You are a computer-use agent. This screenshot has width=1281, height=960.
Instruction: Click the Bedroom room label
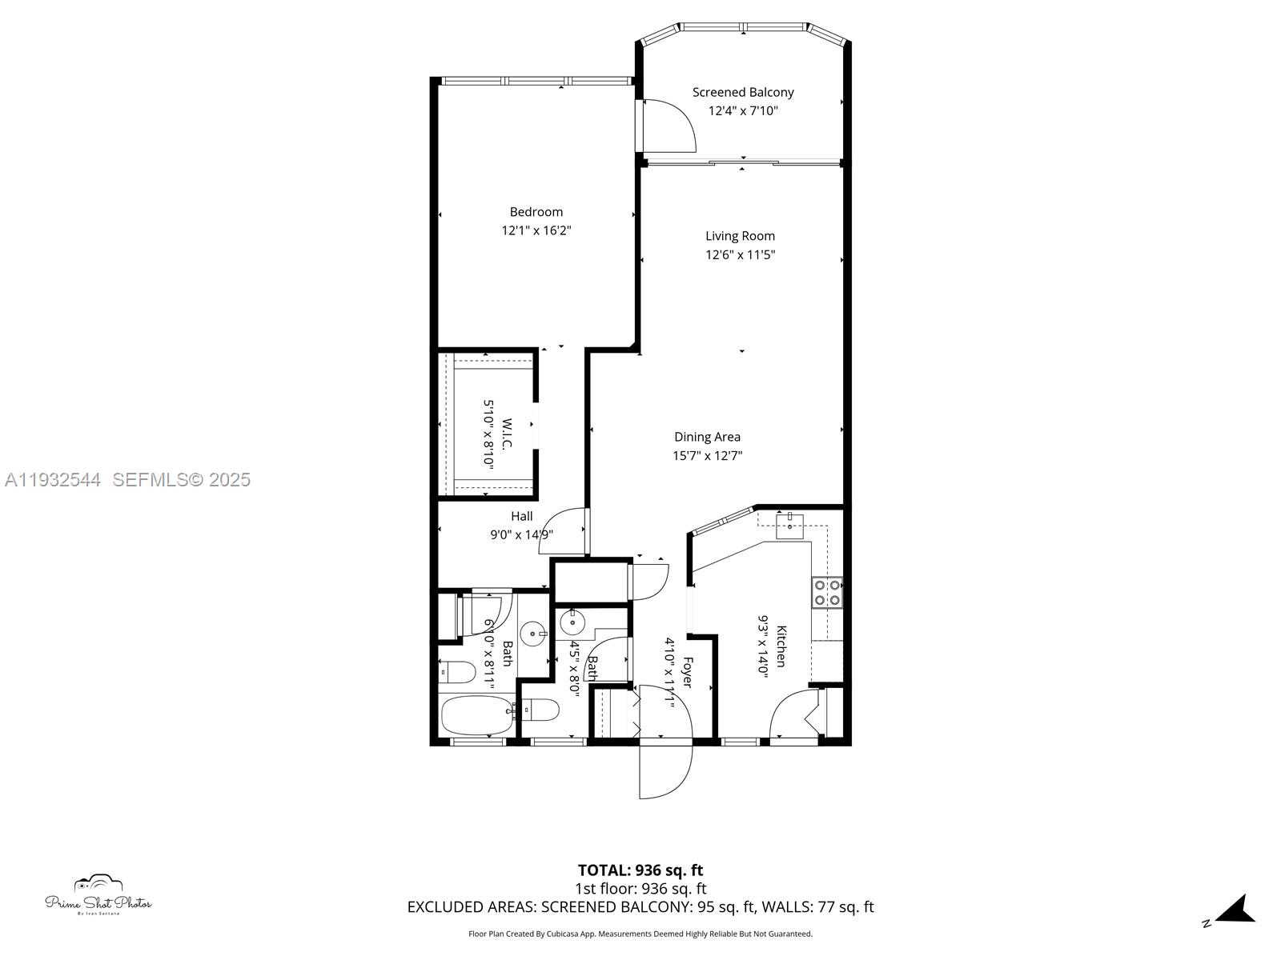[x=536, y=212]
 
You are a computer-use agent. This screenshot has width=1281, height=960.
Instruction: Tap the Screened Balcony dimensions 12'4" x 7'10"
[x=743, y=111]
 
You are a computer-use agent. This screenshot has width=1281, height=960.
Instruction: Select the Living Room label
[x=740, y=236]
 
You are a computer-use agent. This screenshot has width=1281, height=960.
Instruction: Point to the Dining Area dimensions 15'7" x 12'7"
[x=707, y=456]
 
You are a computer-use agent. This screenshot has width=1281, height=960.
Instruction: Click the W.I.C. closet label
[x=507, y=433]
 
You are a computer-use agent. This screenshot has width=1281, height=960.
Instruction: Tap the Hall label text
[x=522, y=517]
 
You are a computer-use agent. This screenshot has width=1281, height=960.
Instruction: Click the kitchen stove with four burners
[x=827, y=593]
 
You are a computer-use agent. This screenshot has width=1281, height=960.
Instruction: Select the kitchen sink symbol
[x=791, y=524]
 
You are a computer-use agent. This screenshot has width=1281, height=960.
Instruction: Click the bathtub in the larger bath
[x=477, y=716]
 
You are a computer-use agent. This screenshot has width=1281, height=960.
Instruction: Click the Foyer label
[x=686, y=672]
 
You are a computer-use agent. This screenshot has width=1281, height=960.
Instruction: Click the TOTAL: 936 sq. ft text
[x=640, y=870]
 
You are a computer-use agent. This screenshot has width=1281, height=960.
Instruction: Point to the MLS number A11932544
[x=53, y=480]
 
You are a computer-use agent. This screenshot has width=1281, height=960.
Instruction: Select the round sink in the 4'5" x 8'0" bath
[x=572, y=621]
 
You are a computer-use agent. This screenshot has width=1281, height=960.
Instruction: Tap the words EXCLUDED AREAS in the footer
[x=472, y=907]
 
